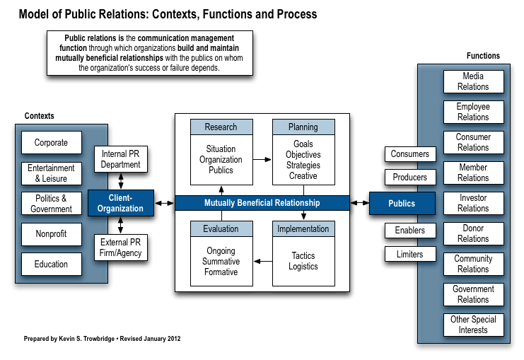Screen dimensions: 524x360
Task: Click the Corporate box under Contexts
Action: tap(52, 142)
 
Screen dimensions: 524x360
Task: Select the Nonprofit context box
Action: tap(52, 234)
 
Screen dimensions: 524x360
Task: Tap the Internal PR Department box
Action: tap(121, 159)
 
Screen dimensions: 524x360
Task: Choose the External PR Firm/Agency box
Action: tap(121, 248)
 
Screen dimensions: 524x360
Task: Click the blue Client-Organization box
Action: tap(121, 203)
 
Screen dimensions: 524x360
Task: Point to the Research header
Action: tap(221, 127)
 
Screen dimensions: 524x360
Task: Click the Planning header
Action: tap(303, 127)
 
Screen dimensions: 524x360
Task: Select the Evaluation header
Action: tap(221, 228)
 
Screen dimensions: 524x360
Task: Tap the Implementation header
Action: tap(303, 228)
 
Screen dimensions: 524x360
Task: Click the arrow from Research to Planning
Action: tap(262, 159)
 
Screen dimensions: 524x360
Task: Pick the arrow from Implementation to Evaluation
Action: tap(263, 261)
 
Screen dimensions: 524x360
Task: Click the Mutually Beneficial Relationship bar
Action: tap(262, 203)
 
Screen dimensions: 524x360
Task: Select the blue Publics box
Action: tap(402, 203)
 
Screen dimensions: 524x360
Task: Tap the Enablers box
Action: tap(410, 231)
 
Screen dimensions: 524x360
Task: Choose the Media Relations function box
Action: tap(474, 81)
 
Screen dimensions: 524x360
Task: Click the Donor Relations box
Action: tap(474, 233)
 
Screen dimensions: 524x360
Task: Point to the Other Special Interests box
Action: tap(474, 325)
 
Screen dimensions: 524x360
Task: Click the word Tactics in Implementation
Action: tap(303, 256)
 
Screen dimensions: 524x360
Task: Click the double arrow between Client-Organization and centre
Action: tap(165, 203)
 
